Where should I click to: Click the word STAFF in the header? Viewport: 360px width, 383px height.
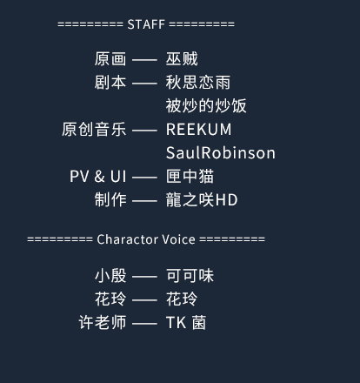point(146,24)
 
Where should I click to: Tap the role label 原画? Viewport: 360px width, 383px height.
point(110,59)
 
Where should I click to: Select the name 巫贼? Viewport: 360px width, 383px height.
point(182,59)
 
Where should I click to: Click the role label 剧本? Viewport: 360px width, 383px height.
point(110,83)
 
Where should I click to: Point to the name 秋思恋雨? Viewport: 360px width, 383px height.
point(198,83)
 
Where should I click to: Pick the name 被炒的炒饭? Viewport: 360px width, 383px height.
point(206,106)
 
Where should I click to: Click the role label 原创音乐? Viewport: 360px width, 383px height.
point(94,130)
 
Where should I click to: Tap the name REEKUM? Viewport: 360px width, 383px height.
point(199,130)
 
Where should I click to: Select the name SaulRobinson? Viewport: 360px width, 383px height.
point(221,153)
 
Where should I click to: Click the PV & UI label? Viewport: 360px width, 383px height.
point(98,177)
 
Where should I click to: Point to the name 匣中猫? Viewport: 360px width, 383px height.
point(190,177)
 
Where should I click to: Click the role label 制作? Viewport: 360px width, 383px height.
point(110,200)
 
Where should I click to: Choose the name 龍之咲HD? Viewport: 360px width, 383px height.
point(202,200)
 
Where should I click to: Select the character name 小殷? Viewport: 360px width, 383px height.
point(110,276)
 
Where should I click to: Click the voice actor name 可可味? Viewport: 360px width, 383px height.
point(190,276)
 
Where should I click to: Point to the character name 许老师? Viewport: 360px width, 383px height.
point(103,322)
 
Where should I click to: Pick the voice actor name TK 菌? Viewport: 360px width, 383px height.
point(186,322)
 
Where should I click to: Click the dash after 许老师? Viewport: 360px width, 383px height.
point(144,324)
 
